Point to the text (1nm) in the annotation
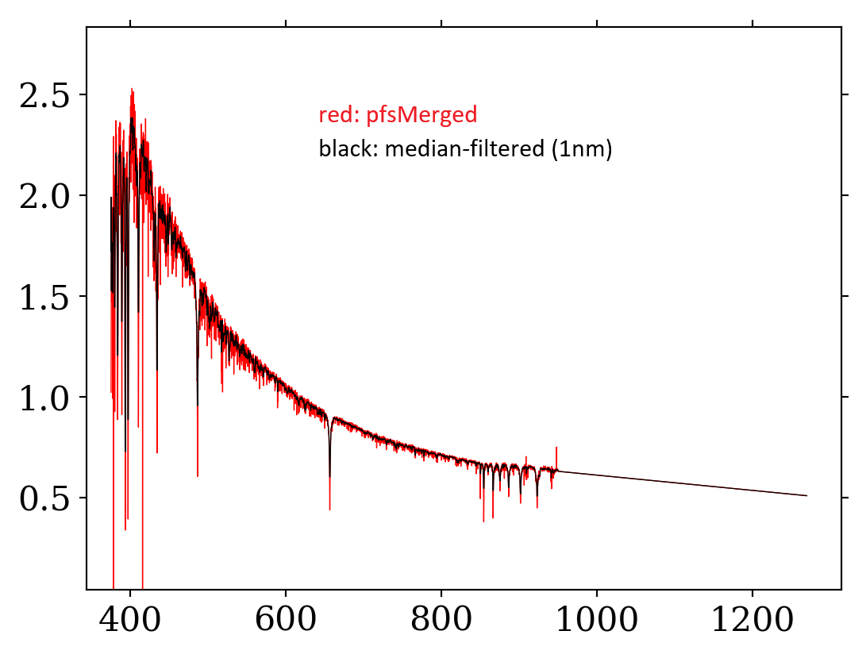[586, 149]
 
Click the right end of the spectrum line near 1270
[806, 495]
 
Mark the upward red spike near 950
[556, 449]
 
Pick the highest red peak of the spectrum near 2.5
[132, 90]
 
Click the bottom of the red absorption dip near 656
[329, 508]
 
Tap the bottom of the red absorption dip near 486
[197, 475]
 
